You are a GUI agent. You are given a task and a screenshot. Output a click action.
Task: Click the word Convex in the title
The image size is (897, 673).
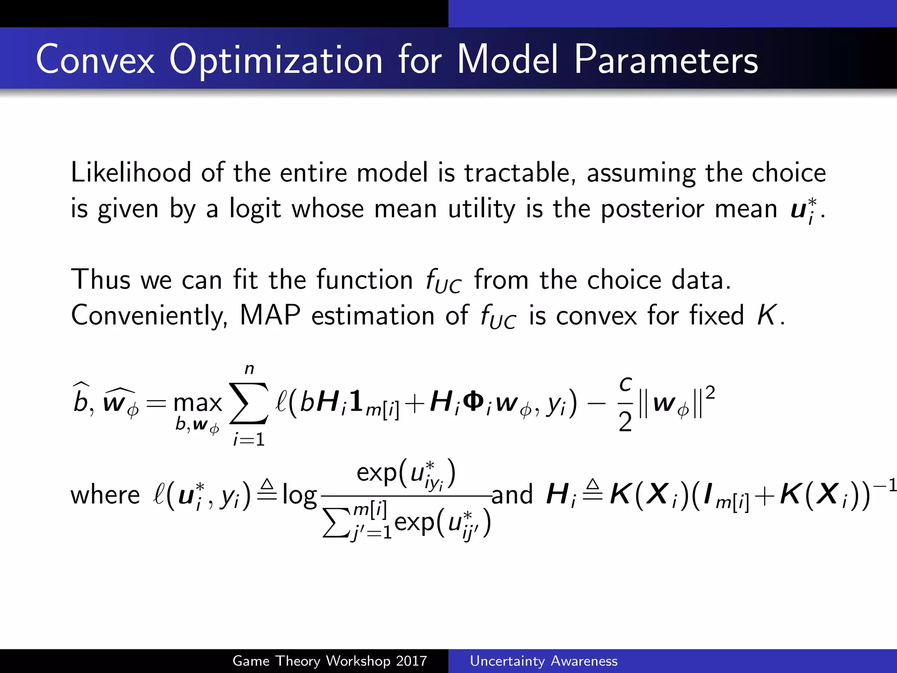95,60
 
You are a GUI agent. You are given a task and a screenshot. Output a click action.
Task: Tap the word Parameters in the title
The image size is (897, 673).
666,60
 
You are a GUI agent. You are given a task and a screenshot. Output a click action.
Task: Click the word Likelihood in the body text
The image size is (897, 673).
131,173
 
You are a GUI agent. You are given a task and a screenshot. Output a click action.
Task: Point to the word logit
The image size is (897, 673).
254,209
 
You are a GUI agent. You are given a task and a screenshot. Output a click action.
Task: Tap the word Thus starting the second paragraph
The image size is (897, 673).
101,280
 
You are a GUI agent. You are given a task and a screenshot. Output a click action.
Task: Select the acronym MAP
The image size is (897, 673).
270,315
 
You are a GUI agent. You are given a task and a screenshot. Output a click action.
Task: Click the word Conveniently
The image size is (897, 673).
149,316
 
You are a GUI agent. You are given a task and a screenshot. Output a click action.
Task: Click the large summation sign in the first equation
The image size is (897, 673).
249,404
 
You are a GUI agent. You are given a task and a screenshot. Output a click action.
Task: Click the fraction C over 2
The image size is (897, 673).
625,404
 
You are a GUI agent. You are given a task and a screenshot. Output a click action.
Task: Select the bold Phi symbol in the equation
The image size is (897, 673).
473,401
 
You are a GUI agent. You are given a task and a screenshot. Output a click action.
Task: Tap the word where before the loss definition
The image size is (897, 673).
105,495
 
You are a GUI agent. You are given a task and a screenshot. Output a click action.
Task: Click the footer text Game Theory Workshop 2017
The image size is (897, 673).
329,661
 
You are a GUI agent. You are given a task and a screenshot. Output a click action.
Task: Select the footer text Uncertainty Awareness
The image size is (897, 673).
544,661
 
